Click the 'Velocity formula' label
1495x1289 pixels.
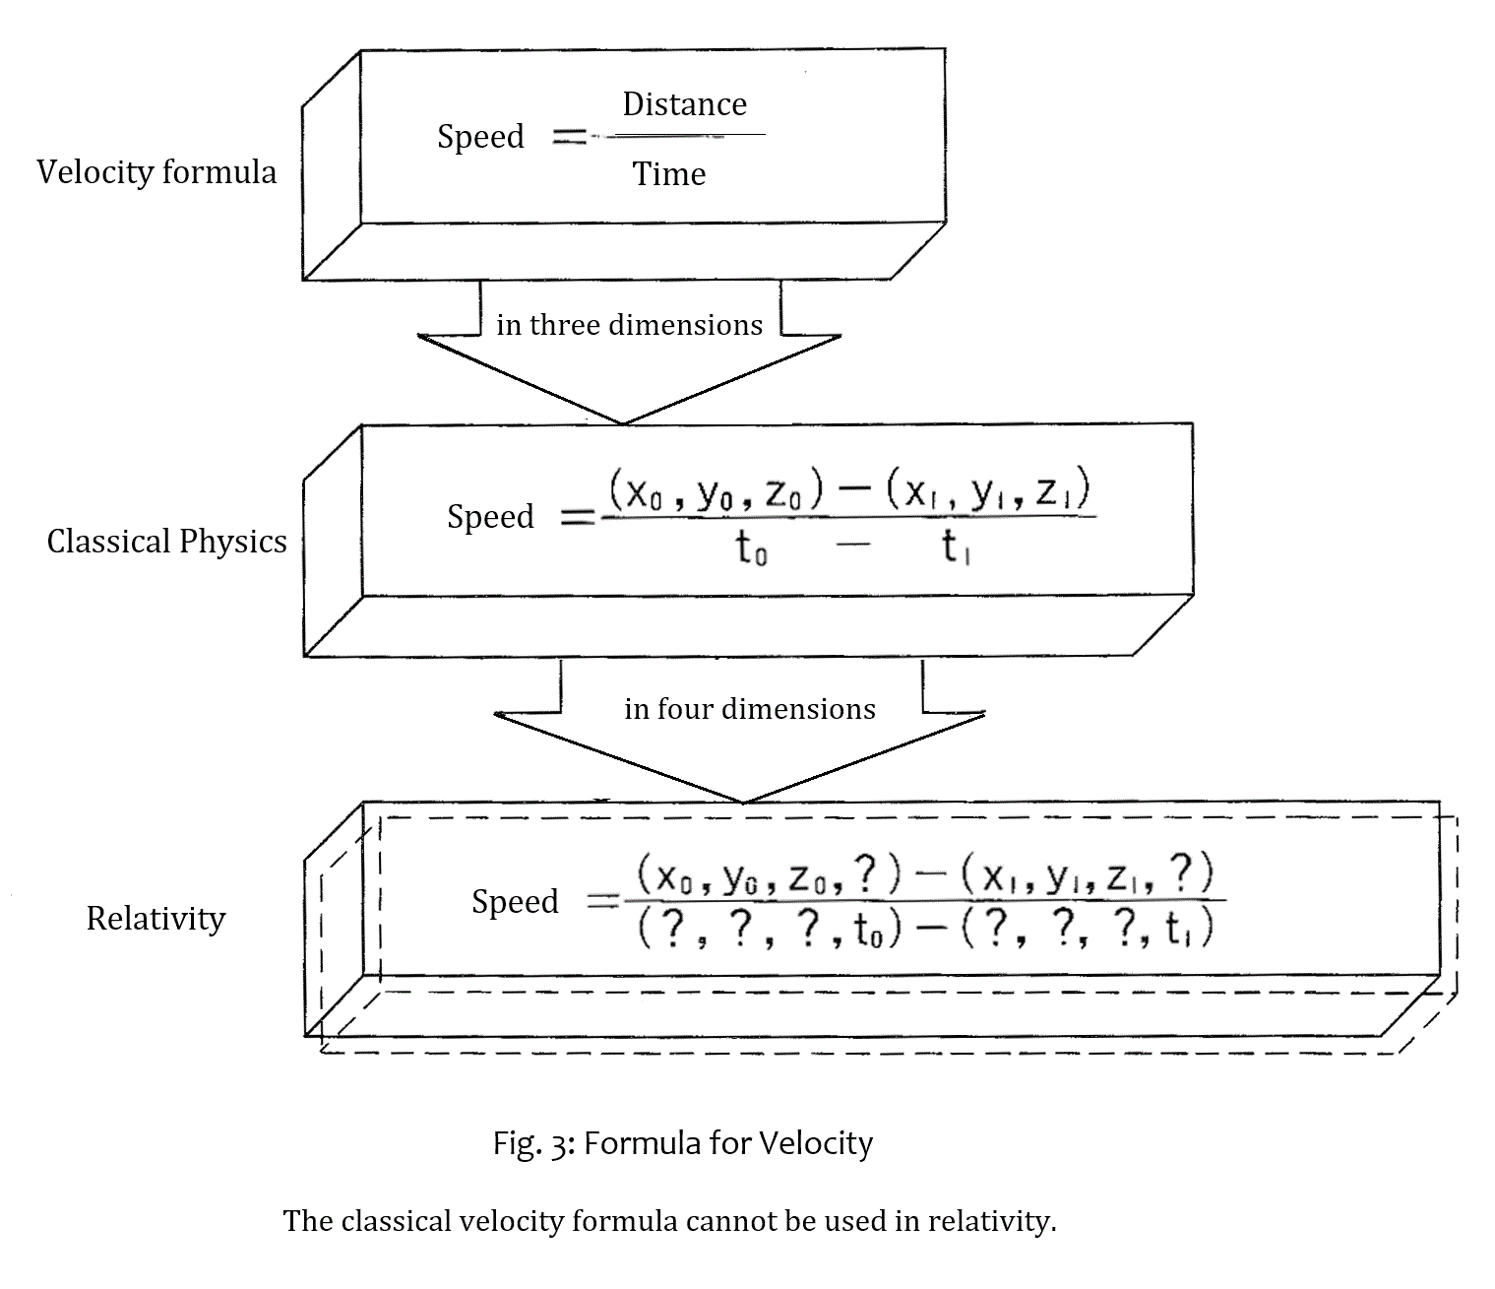coord(156,172)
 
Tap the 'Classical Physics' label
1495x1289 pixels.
coord(166,542)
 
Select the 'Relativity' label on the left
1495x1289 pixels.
coord(156,919)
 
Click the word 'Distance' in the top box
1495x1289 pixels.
coord(684,104)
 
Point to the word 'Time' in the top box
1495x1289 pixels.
coord(668,174)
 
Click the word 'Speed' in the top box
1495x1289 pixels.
coord(480,137)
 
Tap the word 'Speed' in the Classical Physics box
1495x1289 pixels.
coord(490,517)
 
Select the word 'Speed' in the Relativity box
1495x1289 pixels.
coord(515,902)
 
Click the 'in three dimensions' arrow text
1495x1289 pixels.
coord(629,325)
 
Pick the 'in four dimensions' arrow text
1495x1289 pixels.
coord(749,709)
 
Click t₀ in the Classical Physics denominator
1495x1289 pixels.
coord(752,548)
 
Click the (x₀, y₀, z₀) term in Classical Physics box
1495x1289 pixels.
coord(716,491)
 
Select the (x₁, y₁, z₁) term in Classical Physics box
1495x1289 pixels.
coord(988,491)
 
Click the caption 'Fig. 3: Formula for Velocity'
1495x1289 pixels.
coord(682,1143)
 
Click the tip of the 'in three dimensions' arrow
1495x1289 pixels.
coord(623,422)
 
